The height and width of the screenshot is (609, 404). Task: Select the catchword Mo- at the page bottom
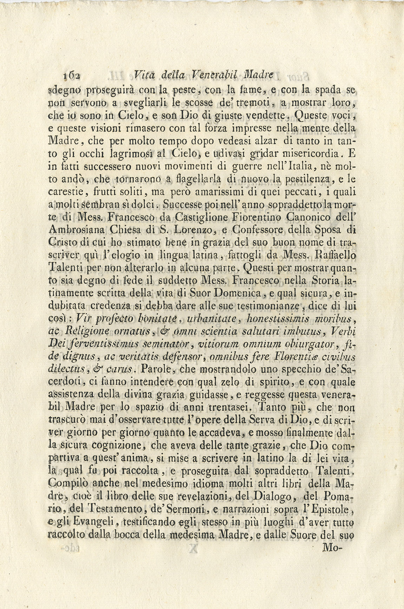pos(333,548)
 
